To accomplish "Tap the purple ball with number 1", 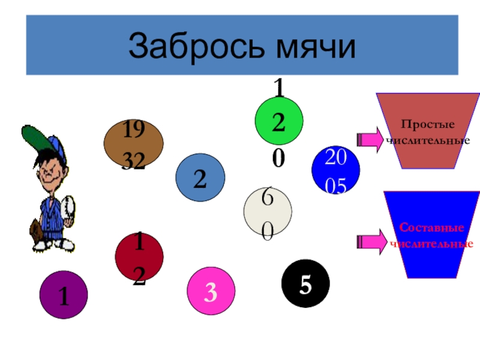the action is [x=64, y=295].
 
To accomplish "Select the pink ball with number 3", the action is [x=211, y=292].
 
